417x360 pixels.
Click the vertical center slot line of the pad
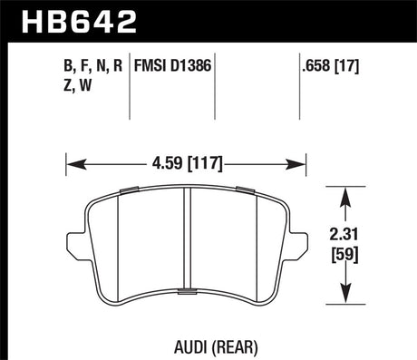[187, 240]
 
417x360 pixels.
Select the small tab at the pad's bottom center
[187, 291]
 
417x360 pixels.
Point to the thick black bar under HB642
[208, 41]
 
